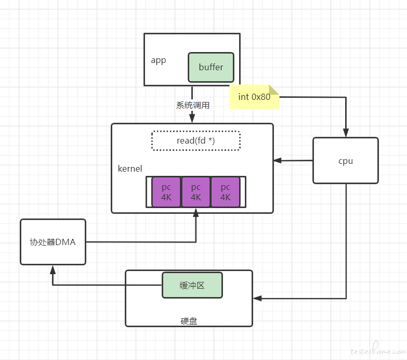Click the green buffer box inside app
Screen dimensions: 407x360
pyautogui.click(x=211, y=67)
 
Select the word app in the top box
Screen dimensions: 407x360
pyautogui.click(x=159, y=60)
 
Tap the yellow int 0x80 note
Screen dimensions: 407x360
pyautogui.click(x=254, y=97)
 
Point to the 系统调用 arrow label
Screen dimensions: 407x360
pyautogui.click(x=193, y=105)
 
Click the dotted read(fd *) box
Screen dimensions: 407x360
pyautogui.click(x=196, y=140)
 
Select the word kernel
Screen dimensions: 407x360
pyautogui.click(x=130, y=169)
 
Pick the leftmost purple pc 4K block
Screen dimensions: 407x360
pyautogui.click(x=166, y=192)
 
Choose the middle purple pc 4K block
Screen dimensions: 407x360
pyautogui.click(x=196, y=192)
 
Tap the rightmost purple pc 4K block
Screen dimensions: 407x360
pyautogui.click(x=225, y=192)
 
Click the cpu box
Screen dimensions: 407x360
pyautogui.click(x=346, y=161)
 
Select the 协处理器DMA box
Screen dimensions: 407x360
pyautogui.click(x=53, y=242)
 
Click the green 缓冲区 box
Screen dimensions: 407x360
pyautogui.click(x=192, y=285)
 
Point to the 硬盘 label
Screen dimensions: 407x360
pyautogui.click(x=189, y=321)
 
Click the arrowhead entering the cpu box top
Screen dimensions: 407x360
pyautogui.click(x=346, y=133)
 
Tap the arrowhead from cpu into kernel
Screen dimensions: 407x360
pyautogui.click(x=278, y=161)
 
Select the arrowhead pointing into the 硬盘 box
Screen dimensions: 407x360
pyautogui.click(x=257, y=299)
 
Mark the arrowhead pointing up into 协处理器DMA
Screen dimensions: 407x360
pyautogui.click(x=52, y=270)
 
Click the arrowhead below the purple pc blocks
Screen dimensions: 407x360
pyautogui.click(x=196, y=212)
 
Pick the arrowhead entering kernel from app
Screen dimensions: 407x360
pyautogui.click(x=192, y=118)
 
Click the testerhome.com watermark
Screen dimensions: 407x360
pyautogui.click(x=378, y=350)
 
